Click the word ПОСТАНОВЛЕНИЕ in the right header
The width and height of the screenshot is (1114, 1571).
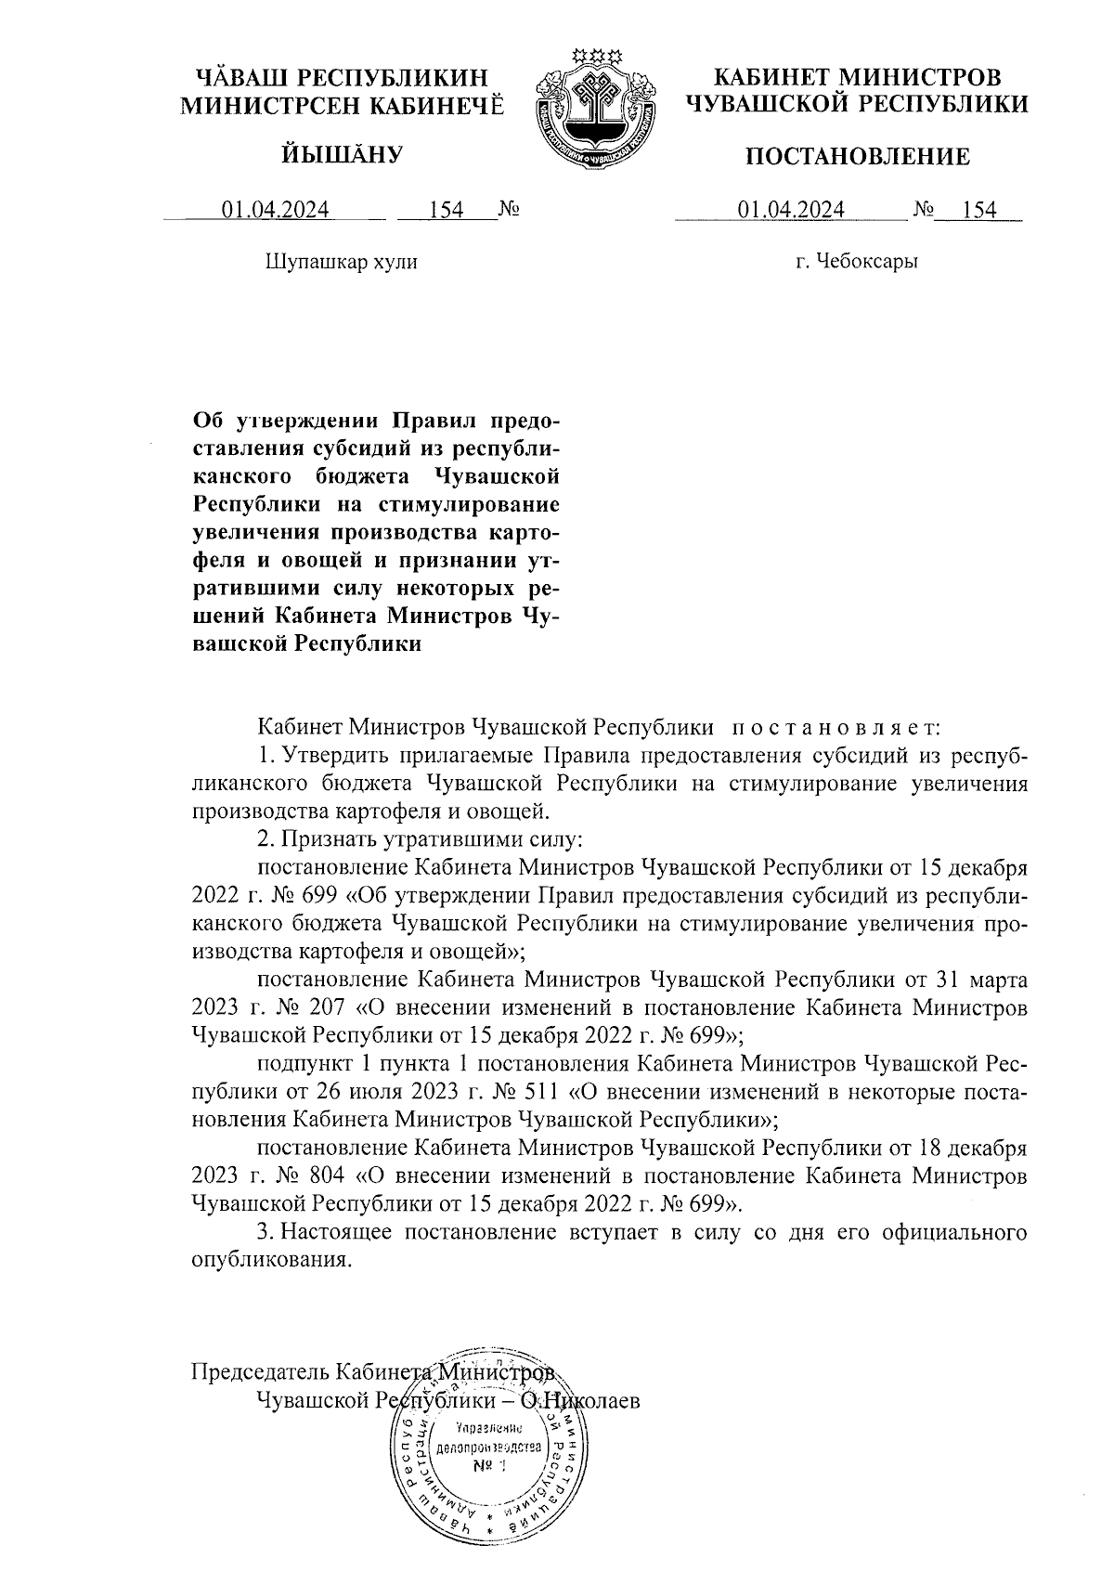pos(859,157)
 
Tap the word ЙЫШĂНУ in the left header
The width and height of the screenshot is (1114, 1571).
pos(342,154)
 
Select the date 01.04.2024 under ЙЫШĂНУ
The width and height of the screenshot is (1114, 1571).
pos(275,211)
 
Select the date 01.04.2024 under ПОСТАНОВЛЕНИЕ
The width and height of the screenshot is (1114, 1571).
pos(791,211)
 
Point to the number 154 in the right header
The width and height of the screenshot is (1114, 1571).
pos(979,211)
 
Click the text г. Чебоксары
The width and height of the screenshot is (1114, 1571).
pos(857,262)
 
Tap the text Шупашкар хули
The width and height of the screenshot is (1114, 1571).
pos(342,262)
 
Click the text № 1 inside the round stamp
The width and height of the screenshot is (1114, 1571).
pos(486,1466)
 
